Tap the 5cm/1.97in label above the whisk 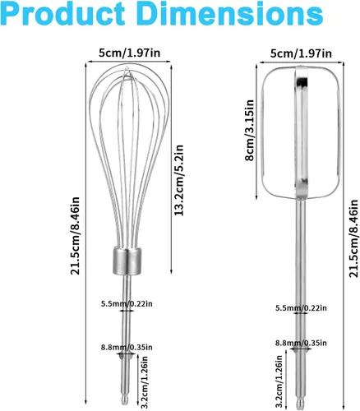coord(129,53)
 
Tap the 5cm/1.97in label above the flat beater coord(301,53)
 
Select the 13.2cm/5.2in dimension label coord(179,180)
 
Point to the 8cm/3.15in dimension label coord(250,130)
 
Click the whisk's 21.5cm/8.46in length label coord(75,236)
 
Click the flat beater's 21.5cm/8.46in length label coord(353,238)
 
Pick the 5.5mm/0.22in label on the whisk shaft coord(127,304)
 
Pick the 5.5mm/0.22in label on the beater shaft coord(301,308)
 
